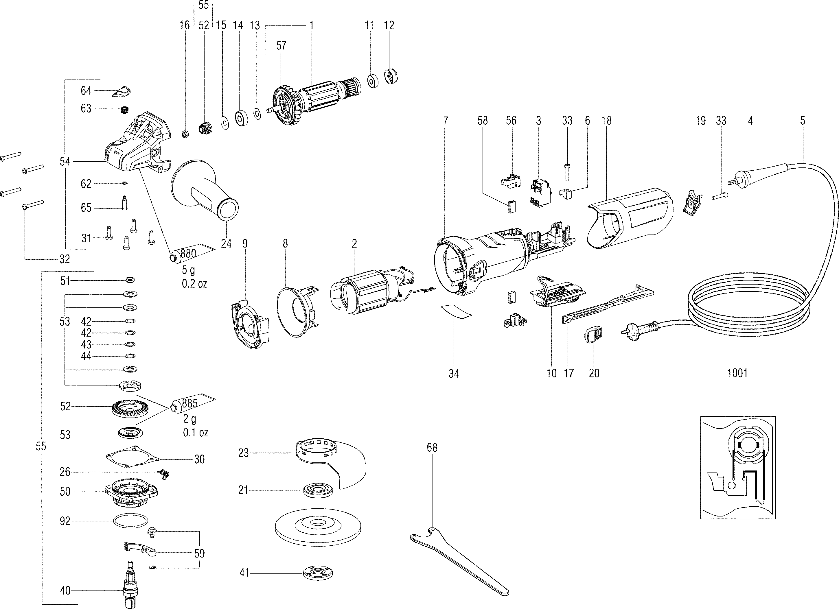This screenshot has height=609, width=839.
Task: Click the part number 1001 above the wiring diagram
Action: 737,373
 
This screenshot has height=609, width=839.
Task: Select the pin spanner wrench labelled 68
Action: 462,562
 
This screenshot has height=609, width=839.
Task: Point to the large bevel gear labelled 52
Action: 127,408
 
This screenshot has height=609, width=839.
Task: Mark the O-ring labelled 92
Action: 130,521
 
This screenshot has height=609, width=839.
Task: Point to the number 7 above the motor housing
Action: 446,121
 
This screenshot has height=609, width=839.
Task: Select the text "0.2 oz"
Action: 194,284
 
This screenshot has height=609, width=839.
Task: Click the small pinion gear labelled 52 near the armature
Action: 204,130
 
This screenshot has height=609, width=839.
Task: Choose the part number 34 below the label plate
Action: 454,374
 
